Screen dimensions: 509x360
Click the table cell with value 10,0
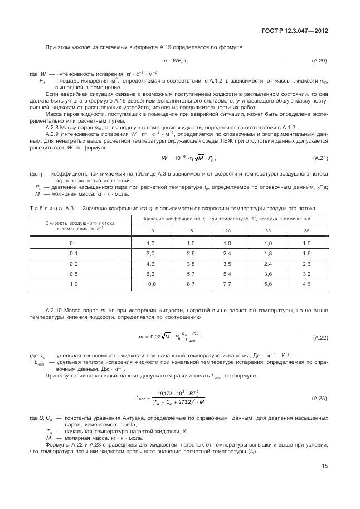point(135,284)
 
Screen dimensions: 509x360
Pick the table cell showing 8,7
point(175,284)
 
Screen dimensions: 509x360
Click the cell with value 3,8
point(175,264)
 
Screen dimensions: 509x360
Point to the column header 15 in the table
point(175,231)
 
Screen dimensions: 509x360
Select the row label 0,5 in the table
point(71,274)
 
